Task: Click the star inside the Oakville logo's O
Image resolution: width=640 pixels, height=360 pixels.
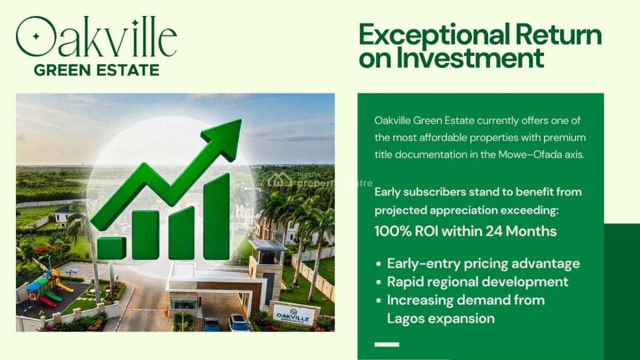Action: tap(36, 37)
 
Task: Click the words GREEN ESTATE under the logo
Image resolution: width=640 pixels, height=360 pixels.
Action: tap(96, 70)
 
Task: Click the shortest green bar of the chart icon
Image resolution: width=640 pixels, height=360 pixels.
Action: tap(111, 248)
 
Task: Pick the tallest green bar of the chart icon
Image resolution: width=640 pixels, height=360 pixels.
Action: tap(217, 216)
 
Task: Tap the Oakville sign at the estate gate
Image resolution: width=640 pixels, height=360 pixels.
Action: tap(293, 315)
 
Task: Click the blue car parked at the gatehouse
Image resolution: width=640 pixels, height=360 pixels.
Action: tap(211, 324)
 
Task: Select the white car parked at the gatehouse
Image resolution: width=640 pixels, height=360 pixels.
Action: tap(238, 322)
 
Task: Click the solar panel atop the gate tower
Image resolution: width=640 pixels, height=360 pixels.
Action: tap(267, 245)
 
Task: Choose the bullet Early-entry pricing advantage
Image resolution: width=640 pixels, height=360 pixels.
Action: tap(483, 263)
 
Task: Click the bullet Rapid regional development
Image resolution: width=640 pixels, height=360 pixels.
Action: tap(477, 282)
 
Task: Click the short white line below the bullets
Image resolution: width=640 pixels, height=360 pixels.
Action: tap(387, 345)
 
